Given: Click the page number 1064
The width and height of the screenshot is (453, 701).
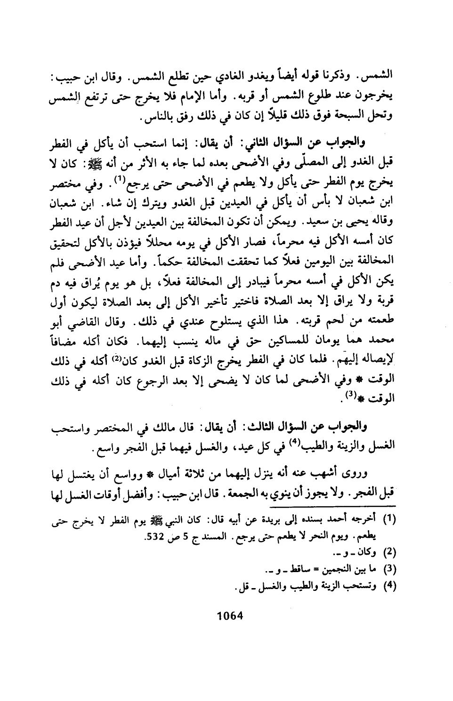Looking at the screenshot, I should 227,615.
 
